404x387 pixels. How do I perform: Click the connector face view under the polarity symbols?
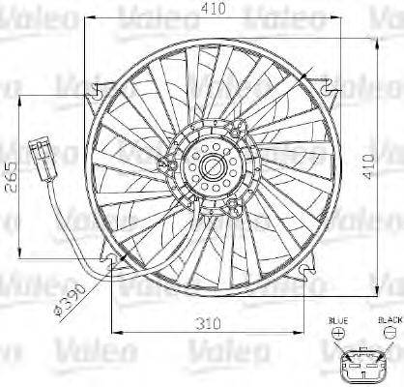361,365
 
